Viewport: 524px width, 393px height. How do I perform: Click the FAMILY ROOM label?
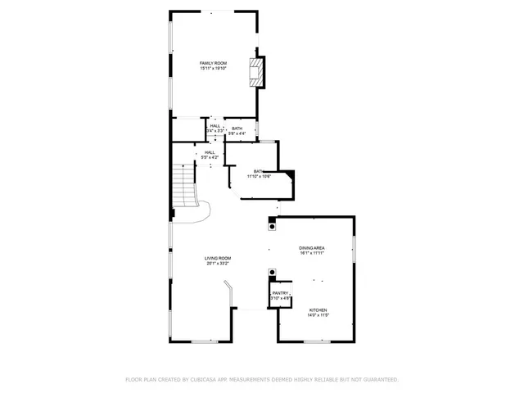(214, 63)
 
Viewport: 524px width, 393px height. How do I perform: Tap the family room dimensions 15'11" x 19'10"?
(214, 69)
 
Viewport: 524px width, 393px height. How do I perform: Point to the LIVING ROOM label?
(218, 258)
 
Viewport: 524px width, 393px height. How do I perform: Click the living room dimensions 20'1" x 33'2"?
(218, 264)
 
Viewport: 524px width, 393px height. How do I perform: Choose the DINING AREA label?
(312, 247)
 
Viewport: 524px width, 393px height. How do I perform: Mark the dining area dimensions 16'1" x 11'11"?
(312, 253)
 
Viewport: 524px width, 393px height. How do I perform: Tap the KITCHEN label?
(318, 309)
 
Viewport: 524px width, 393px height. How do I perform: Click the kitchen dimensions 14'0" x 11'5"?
(318, 315)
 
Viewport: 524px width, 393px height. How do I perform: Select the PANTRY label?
(280, 292)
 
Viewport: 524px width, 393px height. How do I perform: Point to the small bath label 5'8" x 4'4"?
(237, 132)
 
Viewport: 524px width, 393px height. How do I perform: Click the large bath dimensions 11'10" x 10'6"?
(260, 176)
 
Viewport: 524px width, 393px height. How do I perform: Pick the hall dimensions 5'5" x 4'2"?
(210, 156)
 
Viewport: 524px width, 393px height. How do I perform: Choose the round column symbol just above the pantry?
(272, 273)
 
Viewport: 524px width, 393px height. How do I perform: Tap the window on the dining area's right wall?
(354, 249)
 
